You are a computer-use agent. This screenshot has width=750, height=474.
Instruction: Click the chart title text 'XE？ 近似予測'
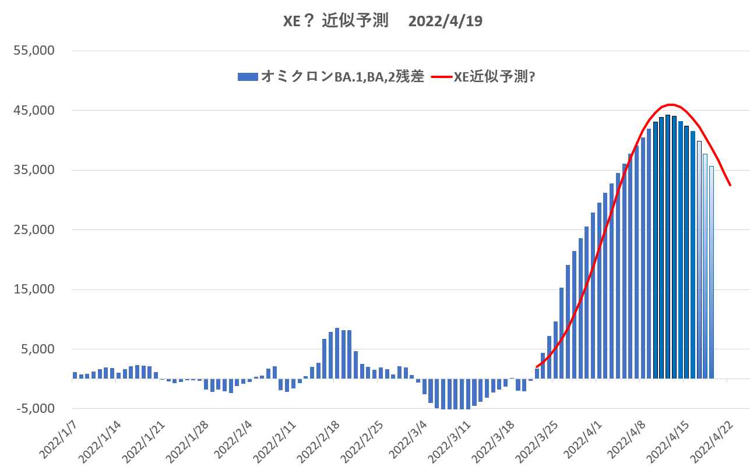tap(336, 21)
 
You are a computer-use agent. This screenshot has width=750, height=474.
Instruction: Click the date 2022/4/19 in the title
tap(445, 21)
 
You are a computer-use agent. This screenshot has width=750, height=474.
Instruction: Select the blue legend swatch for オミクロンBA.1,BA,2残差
tap(247, 76)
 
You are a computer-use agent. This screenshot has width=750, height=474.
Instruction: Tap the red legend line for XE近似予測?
tap(442, 76)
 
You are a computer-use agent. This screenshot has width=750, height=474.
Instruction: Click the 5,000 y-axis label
tap(40, 349)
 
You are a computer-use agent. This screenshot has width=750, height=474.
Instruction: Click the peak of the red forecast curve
tap(670, 105)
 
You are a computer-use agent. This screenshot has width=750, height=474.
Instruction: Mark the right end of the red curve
tap(730, 185)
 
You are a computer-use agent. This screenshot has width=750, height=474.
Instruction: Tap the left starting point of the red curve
tap(537, 366)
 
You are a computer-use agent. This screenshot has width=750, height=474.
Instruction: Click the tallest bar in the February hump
tap(337, 353)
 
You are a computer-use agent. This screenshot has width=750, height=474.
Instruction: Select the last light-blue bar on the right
tap(711, 272)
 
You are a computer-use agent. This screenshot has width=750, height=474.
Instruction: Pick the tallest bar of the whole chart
tap(668, 246)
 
